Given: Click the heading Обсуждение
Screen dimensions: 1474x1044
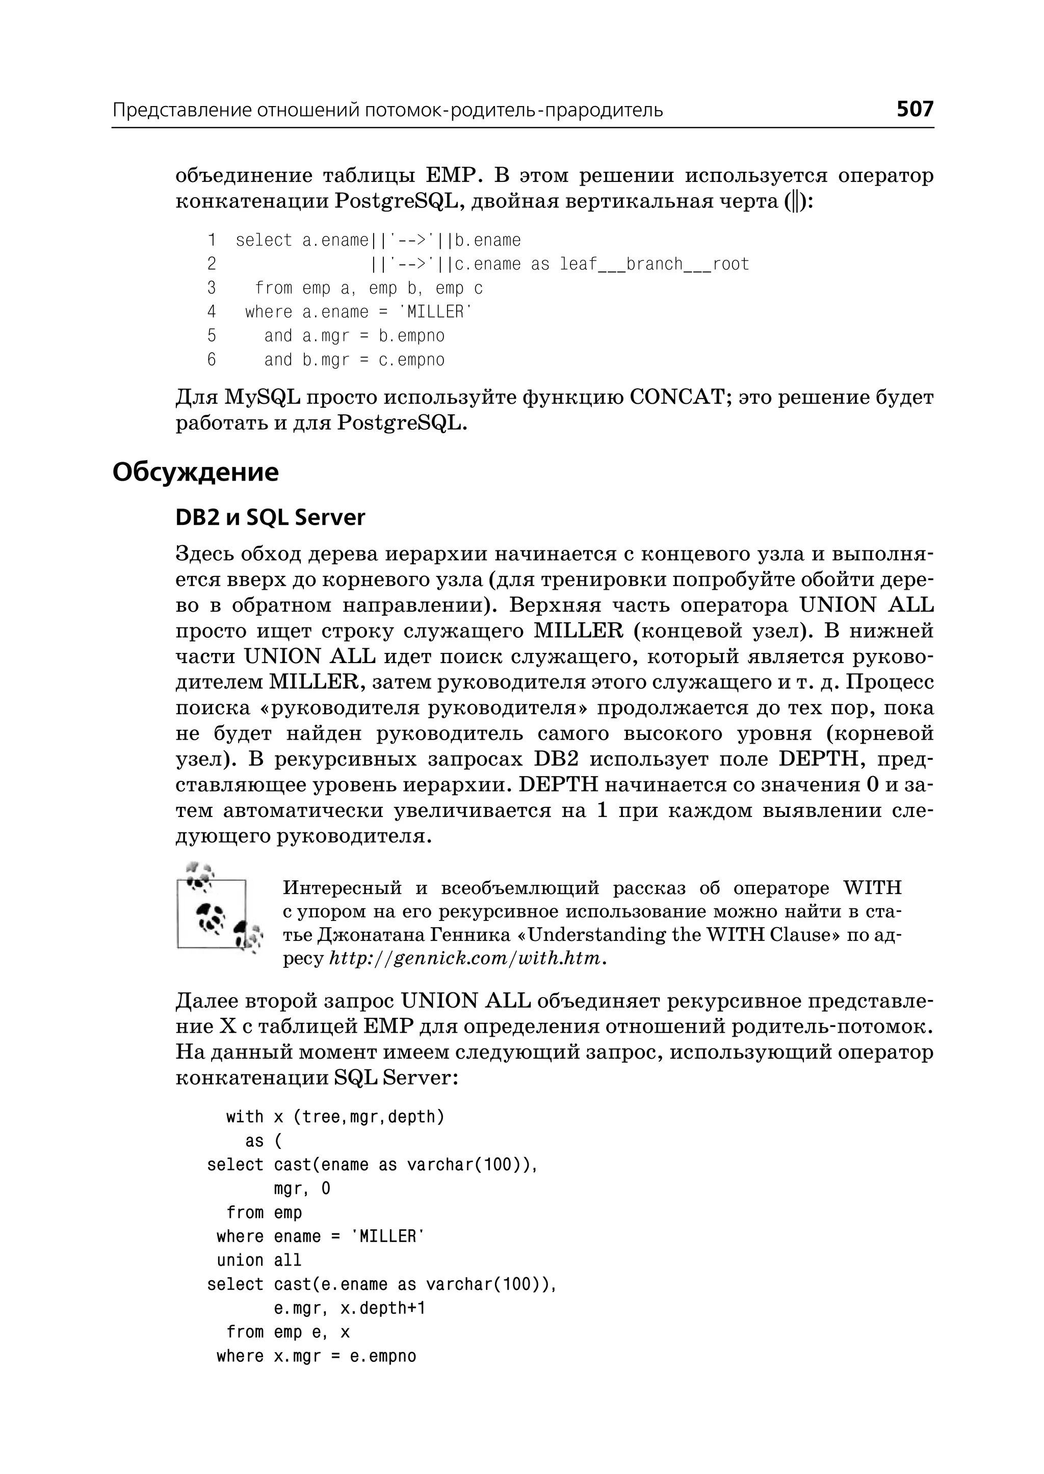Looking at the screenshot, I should [x=195, y=472].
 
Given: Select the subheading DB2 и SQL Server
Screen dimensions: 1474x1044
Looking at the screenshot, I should [x=270, y=517].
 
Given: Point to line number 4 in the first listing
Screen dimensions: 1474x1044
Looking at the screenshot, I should [x=212, y=312].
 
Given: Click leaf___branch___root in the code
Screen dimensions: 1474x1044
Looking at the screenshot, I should [x=654, y=264].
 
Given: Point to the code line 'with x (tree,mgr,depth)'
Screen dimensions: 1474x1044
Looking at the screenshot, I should [x=335, y=1117].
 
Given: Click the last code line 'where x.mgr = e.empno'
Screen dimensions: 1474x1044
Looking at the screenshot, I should [x=316, y=1356].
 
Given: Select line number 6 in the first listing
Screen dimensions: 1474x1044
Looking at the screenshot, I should [x=212, y=359].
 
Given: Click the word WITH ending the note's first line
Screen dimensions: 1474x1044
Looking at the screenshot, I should [x=872, y=888].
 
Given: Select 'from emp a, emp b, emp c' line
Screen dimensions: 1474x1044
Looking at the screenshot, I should [x=369, y=288].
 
